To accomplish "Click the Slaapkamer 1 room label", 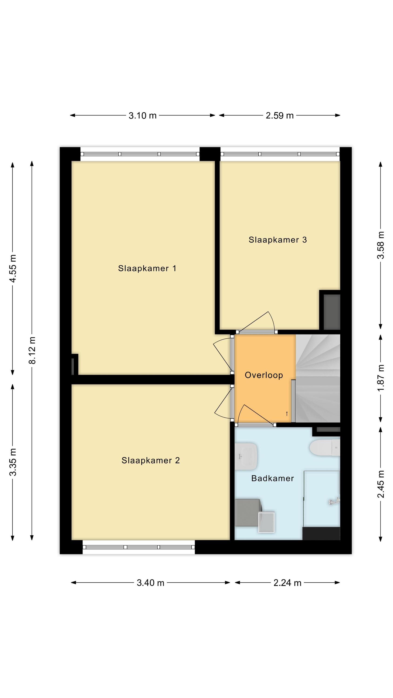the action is pyautogui.click(x=147, y=268).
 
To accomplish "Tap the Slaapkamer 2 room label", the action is pyautogui.click(x=151, y=460).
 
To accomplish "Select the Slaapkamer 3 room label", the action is pyautogui.click(x=278, y=240).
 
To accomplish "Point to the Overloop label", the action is pyautogui.click(x=264, y=375).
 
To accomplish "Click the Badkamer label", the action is pyautogui.click(x=273, y=478).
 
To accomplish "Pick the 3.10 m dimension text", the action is pyautogui.click(x=143, y=116).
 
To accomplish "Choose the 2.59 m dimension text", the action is pyautogui.click(x=280, y=116).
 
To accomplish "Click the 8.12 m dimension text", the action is pyautogui.click(x=32, y=350).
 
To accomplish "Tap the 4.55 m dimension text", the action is pyautogui.click(x=13, y=268).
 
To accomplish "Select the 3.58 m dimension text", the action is pyautogui.click(x=381, y=245).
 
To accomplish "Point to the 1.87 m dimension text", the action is pyautogui.click(x=381, y=378).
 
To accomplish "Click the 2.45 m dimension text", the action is pyautogui.click(x=381, y=484).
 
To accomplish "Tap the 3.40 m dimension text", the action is pyautogui.click(x=151, y=583).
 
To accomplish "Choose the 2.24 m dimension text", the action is pyautogui.click(x=288, y=583).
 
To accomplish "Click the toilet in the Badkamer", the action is pyautogui.click(x=325, y=448).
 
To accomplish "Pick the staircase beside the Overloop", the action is pyautogui.click(x=318, y=378).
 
